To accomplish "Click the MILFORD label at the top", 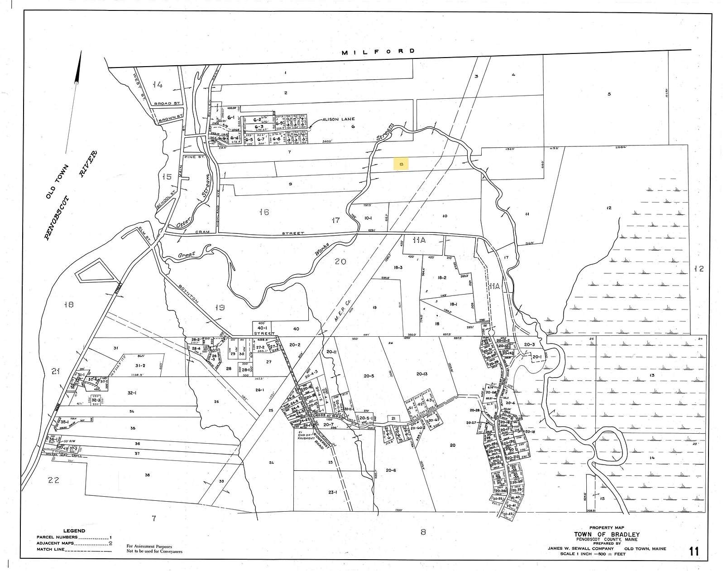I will (378, 52).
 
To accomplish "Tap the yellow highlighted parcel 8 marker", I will (401, 164).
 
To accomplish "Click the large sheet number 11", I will (693, 552).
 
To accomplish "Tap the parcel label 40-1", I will (260, 329).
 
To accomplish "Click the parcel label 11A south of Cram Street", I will (419, 240).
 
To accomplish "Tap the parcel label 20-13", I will (421, 374).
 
